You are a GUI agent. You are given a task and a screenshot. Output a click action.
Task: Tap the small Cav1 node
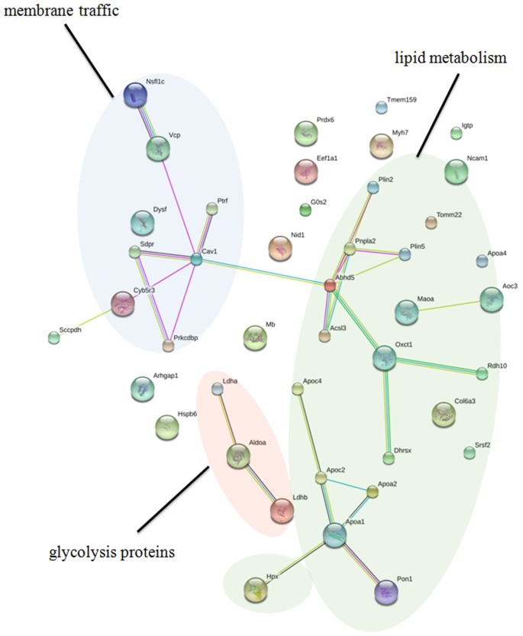click(x=196, y=260)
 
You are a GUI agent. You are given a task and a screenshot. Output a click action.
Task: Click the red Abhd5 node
click(x=330, y=286)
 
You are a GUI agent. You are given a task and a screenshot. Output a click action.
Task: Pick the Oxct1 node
click(x=385, y=359)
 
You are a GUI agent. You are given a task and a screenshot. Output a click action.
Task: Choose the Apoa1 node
click(x=334, y=536)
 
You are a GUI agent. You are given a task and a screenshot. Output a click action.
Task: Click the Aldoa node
click(x=239, y=457)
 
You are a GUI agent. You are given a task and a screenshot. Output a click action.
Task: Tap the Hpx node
click(x=255, y=589)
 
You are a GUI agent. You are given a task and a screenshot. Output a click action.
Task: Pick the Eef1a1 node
click(x=306, y=173)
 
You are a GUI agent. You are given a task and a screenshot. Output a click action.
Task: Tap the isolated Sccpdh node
click(x=53, y=338)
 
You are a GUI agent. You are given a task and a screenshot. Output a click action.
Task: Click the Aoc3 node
click(x=492, y=300)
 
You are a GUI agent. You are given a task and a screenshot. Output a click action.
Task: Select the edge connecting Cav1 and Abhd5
click(x=263, y=273)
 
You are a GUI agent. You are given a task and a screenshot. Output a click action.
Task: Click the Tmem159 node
click(x=381, y=107)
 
